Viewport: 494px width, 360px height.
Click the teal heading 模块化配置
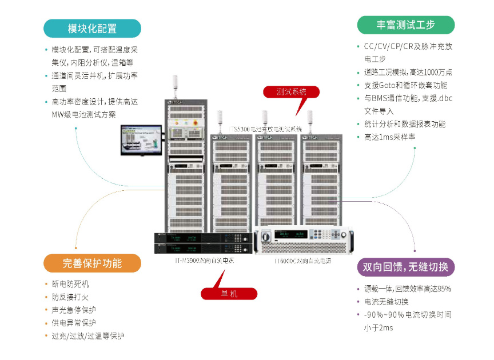click(x=92, y=29)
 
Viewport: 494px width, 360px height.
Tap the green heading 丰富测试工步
click(x=405, y=25)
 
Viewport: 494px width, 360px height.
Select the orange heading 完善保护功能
click(x=92, y=263)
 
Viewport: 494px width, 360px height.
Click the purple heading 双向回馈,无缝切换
click(x=405, y=267)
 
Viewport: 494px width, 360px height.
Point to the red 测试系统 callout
click(x=291, y=91)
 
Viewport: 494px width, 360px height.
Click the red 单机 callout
click(x=229, y=294)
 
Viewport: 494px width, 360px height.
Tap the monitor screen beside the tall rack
click(x=137, y=139)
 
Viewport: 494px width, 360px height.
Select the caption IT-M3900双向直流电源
click(x=205, y=261)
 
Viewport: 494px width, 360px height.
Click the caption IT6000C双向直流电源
click(x=302, y=261)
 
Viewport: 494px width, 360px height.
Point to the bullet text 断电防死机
click(x=70, y=284)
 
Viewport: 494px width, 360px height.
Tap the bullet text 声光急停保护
click(x=74, y=310)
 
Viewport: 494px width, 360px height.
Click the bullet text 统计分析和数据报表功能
click(x=405, y=124)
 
